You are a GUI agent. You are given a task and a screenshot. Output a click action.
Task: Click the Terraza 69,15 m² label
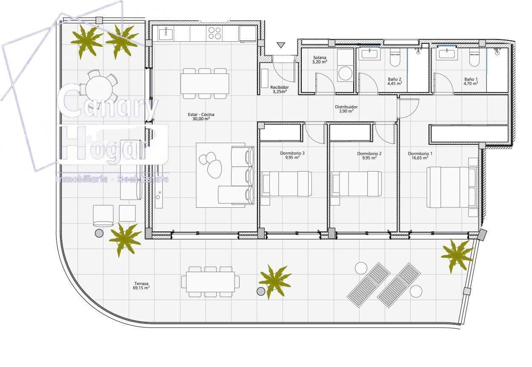click(x=141, y=285)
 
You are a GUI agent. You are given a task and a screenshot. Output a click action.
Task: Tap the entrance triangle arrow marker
click(x=280, y=45)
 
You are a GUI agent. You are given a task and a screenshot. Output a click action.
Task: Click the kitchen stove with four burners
click(x=215, y=33)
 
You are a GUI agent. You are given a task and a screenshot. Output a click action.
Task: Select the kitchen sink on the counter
click(x=165, y=33)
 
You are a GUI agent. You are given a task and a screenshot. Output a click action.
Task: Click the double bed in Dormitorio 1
click(x=451, y=187)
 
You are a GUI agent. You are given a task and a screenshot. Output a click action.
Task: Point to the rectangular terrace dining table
click(x=210, y=282)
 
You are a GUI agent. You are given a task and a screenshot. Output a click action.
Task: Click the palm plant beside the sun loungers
click(x=457, y=255)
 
